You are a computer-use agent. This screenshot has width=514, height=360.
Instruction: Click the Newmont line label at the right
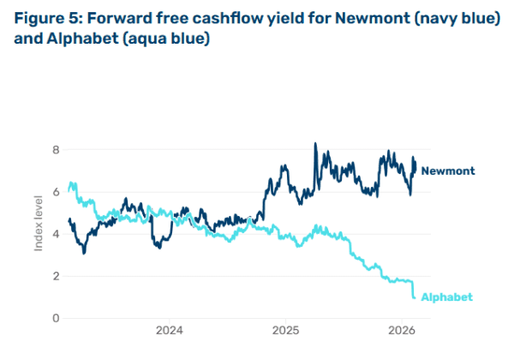tap(447, 171)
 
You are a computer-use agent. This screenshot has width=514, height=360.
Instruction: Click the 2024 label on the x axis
tap(170, 330)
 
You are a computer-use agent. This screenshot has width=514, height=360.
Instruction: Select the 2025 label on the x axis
tap(285, 330)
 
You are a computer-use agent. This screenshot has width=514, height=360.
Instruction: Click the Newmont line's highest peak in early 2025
tap(315, 143)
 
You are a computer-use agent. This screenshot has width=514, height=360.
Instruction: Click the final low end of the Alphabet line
tap(415, 297)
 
